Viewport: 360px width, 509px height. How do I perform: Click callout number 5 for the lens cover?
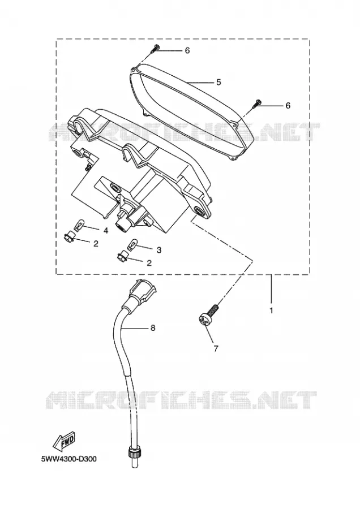(218, 83)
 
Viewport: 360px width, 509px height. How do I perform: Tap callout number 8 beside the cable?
(153, 328)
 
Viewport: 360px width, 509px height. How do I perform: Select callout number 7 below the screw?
(216, 348)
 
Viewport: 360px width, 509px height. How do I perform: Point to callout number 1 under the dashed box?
(271, 310)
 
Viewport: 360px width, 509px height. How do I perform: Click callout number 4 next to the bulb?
(106, 231)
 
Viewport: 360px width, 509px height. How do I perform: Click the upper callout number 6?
(187, 51)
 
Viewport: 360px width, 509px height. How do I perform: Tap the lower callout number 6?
(288, 106)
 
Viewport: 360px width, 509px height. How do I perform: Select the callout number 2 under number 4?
(96, 243)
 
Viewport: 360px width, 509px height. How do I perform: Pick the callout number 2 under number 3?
(149, 262)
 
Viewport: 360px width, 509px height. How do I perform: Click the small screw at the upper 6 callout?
(155, 49)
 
